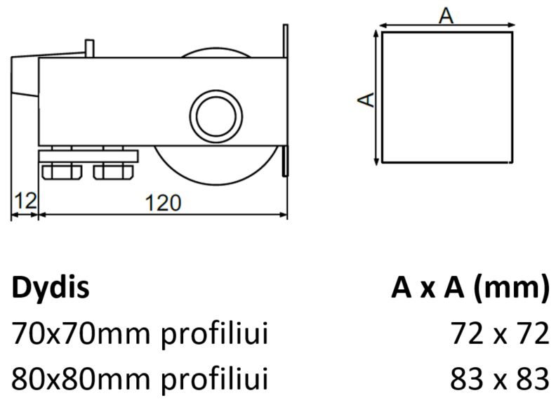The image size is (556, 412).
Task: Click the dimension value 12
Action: click(x=25, y=201)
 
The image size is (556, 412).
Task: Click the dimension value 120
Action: click(x=163, y=203)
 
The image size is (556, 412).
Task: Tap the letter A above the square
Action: click(x=446, y=15)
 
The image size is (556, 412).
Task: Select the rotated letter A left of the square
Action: click(x=366, y=99)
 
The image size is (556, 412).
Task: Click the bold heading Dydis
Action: click(x=51, y=287)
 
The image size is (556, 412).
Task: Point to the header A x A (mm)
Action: click(x=470, y=288)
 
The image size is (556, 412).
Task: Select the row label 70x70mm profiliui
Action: click(x=140, y=334)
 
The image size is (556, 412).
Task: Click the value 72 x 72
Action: click(x=500, y=333)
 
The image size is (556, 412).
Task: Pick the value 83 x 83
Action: click(x=500, y=379)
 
